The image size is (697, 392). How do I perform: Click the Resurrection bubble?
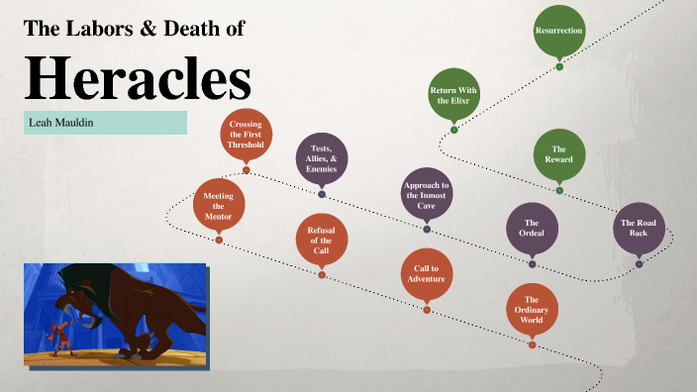pos(559,31)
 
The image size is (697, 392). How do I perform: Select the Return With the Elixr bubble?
pos(453,94)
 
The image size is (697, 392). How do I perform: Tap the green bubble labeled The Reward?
pos(559,154)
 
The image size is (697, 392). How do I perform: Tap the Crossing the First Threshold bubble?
pos(246,136)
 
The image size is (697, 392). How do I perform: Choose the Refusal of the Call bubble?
pos(322,240)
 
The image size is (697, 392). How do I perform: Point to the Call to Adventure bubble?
pos(427,273)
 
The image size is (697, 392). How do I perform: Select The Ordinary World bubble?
pos(532,309)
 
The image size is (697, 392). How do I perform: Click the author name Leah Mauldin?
pos(58,123)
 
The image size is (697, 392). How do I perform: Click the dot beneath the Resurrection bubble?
pos(559,67)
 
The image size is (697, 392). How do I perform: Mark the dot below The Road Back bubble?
pos(639,264)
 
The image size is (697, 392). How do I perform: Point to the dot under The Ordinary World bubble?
pos(532,345)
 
